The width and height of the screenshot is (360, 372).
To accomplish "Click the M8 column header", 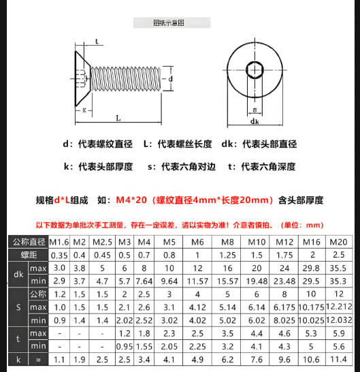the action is coord(227,242).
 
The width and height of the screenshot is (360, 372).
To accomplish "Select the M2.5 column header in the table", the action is coord(102,242).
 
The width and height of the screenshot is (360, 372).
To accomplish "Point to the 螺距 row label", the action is coord(29,255).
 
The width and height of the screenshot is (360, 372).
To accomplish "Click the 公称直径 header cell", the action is coord(28,242).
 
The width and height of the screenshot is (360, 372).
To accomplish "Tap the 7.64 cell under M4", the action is coord(144,281).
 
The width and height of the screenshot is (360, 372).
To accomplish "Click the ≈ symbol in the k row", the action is coord(38,358).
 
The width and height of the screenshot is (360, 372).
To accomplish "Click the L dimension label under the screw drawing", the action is coord(118,118).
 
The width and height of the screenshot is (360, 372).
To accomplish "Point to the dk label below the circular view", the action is coord(254,122).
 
